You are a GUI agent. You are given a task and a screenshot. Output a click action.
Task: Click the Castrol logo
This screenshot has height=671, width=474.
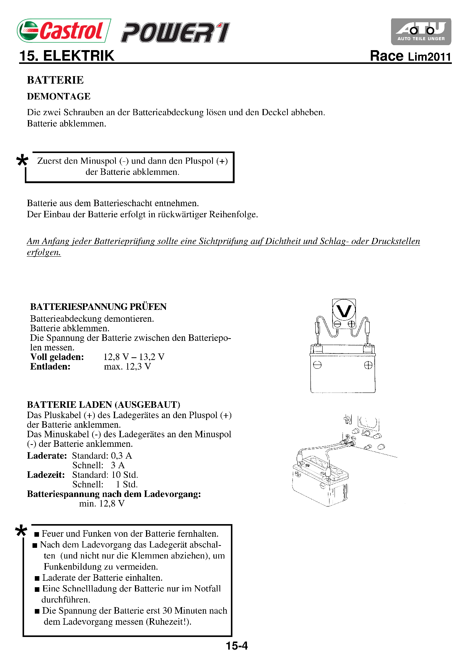64,31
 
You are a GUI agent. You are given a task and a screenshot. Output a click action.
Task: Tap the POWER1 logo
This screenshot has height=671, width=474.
175,33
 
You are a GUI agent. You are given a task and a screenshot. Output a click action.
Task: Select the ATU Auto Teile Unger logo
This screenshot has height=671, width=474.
421,32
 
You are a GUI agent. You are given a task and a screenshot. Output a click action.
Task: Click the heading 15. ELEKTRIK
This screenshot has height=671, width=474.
67,56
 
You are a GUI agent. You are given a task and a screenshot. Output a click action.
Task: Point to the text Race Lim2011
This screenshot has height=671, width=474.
411,56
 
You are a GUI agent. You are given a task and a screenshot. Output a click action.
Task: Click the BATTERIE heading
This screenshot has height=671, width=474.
55,80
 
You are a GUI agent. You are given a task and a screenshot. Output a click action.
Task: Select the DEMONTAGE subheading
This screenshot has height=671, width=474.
58,96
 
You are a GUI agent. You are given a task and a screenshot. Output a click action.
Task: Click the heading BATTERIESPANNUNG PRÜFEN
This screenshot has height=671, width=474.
98,307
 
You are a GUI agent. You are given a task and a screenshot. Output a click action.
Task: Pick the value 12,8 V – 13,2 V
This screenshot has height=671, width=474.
134,357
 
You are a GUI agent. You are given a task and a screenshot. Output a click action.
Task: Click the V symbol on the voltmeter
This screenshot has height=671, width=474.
344,311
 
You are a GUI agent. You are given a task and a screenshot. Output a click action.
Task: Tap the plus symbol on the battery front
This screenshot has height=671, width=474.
368,365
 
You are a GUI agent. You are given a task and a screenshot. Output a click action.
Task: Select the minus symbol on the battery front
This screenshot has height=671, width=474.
317,365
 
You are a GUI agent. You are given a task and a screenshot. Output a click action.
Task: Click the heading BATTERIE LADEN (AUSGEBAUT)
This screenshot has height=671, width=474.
103,405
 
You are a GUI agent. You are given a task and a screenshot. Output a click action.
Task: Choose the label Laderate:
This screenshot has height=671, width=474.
47,456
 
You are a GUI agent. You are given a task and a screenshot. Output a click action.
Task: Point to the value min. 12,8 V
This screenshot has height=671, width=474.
102,503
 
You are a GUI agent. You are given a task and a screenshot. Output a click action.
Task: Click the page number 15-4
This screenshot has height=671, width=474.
237,646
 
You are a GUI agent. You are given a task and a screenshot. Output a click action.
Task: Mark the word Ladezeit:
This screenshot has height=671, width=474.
46,475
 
